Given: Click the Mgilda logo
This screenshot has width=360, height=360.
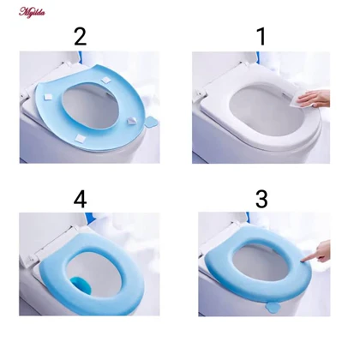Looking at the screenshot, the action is [32, 12].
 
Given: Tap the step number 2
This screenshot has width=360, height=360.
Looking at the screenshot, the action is [80, 37].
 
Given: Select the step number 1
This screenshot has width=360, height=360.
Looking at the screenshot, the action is [261, 37].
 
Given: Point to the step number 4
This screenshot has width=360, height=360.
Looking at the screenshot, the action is [80, 199].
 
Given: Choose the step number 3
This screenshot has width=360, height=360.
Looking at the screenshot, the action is [261, 199].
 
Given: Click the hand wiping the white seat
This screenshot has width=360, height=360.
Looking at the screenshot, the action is [315, 99].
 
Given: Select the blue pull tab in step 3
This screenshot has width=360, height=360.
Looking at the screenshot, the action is [272, 307].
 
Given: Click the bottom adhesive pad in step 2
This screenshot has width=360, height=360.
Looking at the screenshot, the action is [80, 139].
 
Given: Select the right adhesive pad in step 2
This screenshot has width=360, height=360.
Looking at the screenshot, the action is [131, 121].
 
